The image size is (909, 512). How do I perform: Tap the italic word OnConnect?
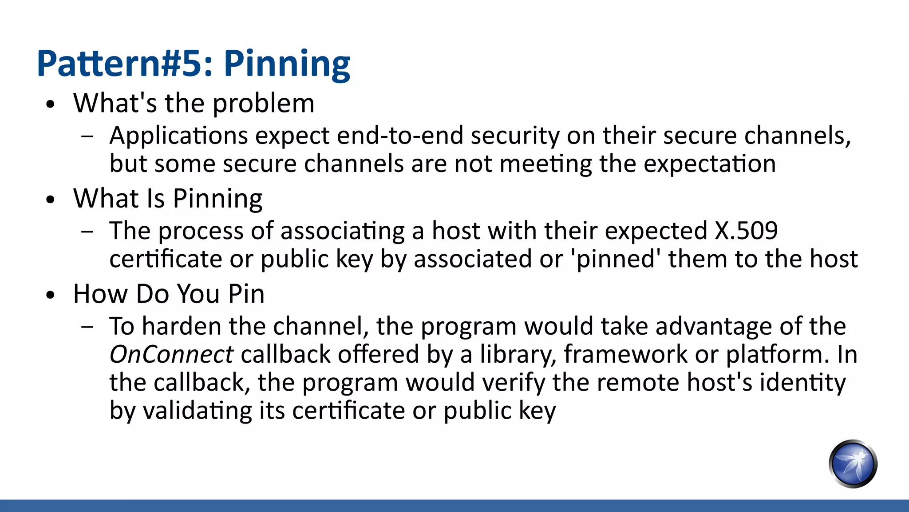point(171,355)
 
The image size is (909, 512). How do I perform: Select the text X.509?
point(746,231)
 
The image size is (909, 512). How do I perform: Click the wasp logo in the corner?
point(853,464)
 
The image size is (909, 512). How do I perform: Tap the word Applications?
point(179,136)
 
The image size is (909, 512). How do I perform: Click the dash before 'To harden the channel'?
point(87,327)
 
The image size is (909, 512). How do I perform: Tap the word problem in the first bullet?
point(264,104)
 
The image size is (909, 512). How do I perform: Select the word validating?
point(197,411)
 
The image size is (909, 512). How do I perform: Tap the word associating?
point(342,231)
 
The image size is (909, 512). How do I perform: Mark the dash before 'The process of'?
point(87,231)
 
